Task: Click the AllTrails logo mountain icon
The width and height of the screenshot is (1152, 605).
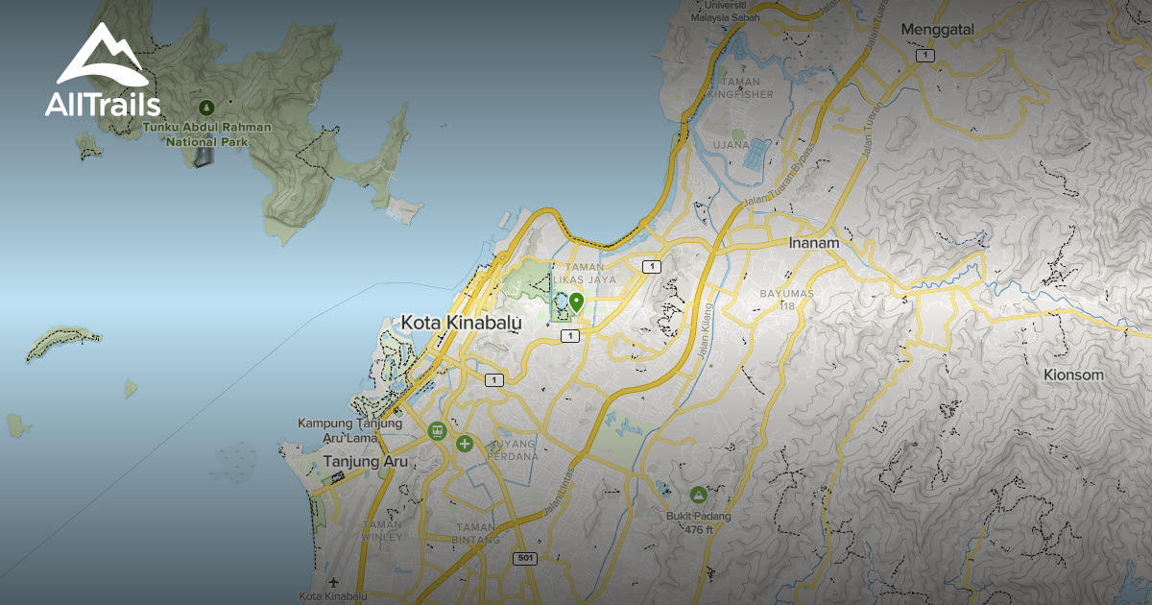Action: coord(101,55)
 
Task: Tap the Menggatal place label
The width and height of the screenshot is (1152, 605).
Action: coord(937,30)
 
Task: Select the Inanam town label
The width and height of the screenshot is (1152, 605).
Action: coord(814,243)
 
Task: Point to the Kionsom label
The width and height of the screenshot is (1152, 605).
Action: coord(1074,375)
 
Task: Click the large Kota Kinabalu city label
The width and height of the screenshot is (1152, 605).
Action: coord(462,323)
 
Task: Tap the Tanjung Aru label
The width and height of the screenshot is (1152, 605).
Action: coord(366,462)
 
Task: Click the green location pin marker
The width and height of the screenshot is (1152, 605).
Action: coord(576,302)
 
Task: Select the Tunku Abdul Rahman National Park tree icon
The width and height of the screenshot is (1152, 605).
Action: coord(204,107)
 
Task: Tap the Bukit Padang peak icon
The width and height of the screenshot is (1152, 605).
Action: coord(698,496)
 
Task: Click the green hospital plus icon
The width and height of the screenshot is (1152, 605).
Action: coord(465,444)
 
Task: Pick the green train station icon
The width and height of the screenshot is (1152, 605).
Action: coord(437,430)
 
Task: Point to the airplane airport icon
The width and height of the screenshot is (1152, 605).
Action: coord(333,582)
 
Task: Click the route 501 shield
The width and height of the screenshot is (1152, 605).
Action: coord(524,558)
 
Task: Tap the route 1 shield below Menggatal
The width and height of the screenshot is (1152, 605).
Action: coord(924,56)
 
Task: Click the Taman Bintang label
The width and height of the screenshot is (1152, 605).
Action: coord(477,533)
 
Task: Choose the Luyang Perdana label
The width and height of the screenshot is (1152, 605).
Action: coord(514,449)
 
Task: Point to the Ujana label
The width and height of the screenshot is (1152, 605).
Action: coord(731,145)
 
